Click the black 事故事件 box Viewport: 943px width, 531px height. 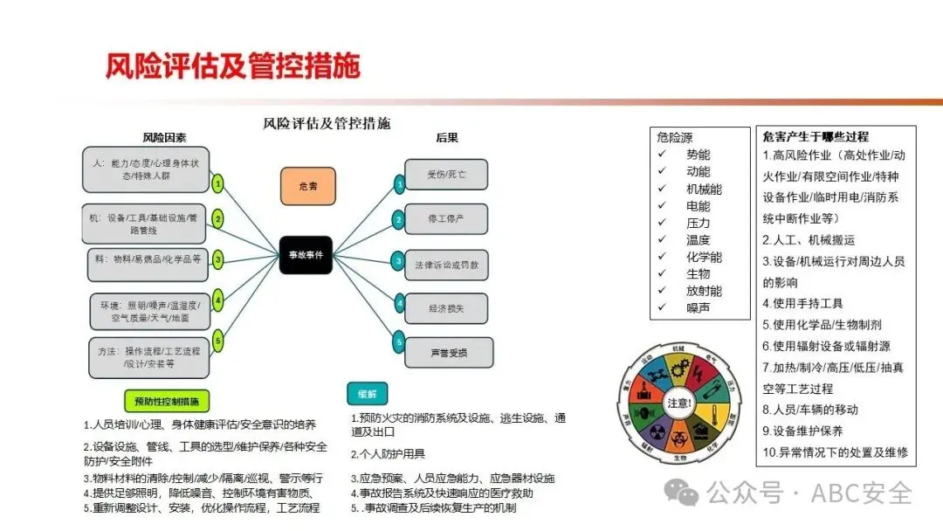coord(306,255)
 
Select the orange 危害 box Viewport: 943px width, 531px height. coord(307,186)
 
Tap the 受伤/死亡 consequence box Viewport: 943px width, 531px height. coord(446,175)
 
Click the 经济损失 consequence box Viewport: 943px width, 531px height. coord(446,307)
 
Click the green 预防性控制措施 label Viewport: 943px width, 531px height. coord(167,402)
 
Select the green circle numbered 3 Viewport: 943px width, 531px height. coord(218,259)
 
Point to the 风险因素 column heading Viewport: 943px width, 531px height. coord(164,138)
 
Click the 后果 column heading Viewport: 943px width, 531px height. coord(447,138)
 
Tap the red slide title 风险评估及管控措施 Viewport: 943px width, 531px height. coord(233,66)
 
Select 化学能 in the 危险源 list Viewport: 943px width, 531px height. coord(704,257)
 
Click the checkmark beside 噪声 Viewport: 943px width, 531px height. coord(663,307)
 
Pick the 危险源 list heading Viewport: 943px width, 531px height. coord(675,137)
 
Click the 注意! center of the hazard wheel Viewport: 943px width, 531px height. coord(680,403)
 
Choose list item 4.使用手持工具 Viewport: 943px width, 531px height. coord(802,304)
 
